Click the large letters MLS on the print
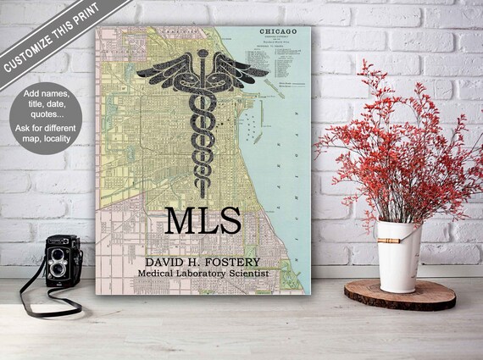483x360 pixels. tap(203, 221)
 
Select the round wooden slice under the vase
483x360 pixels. tap(399, 293)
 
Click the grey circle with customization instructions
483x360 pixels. tap(46, 119)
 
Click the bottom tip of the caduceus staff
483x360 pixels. tap(203, 196)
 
